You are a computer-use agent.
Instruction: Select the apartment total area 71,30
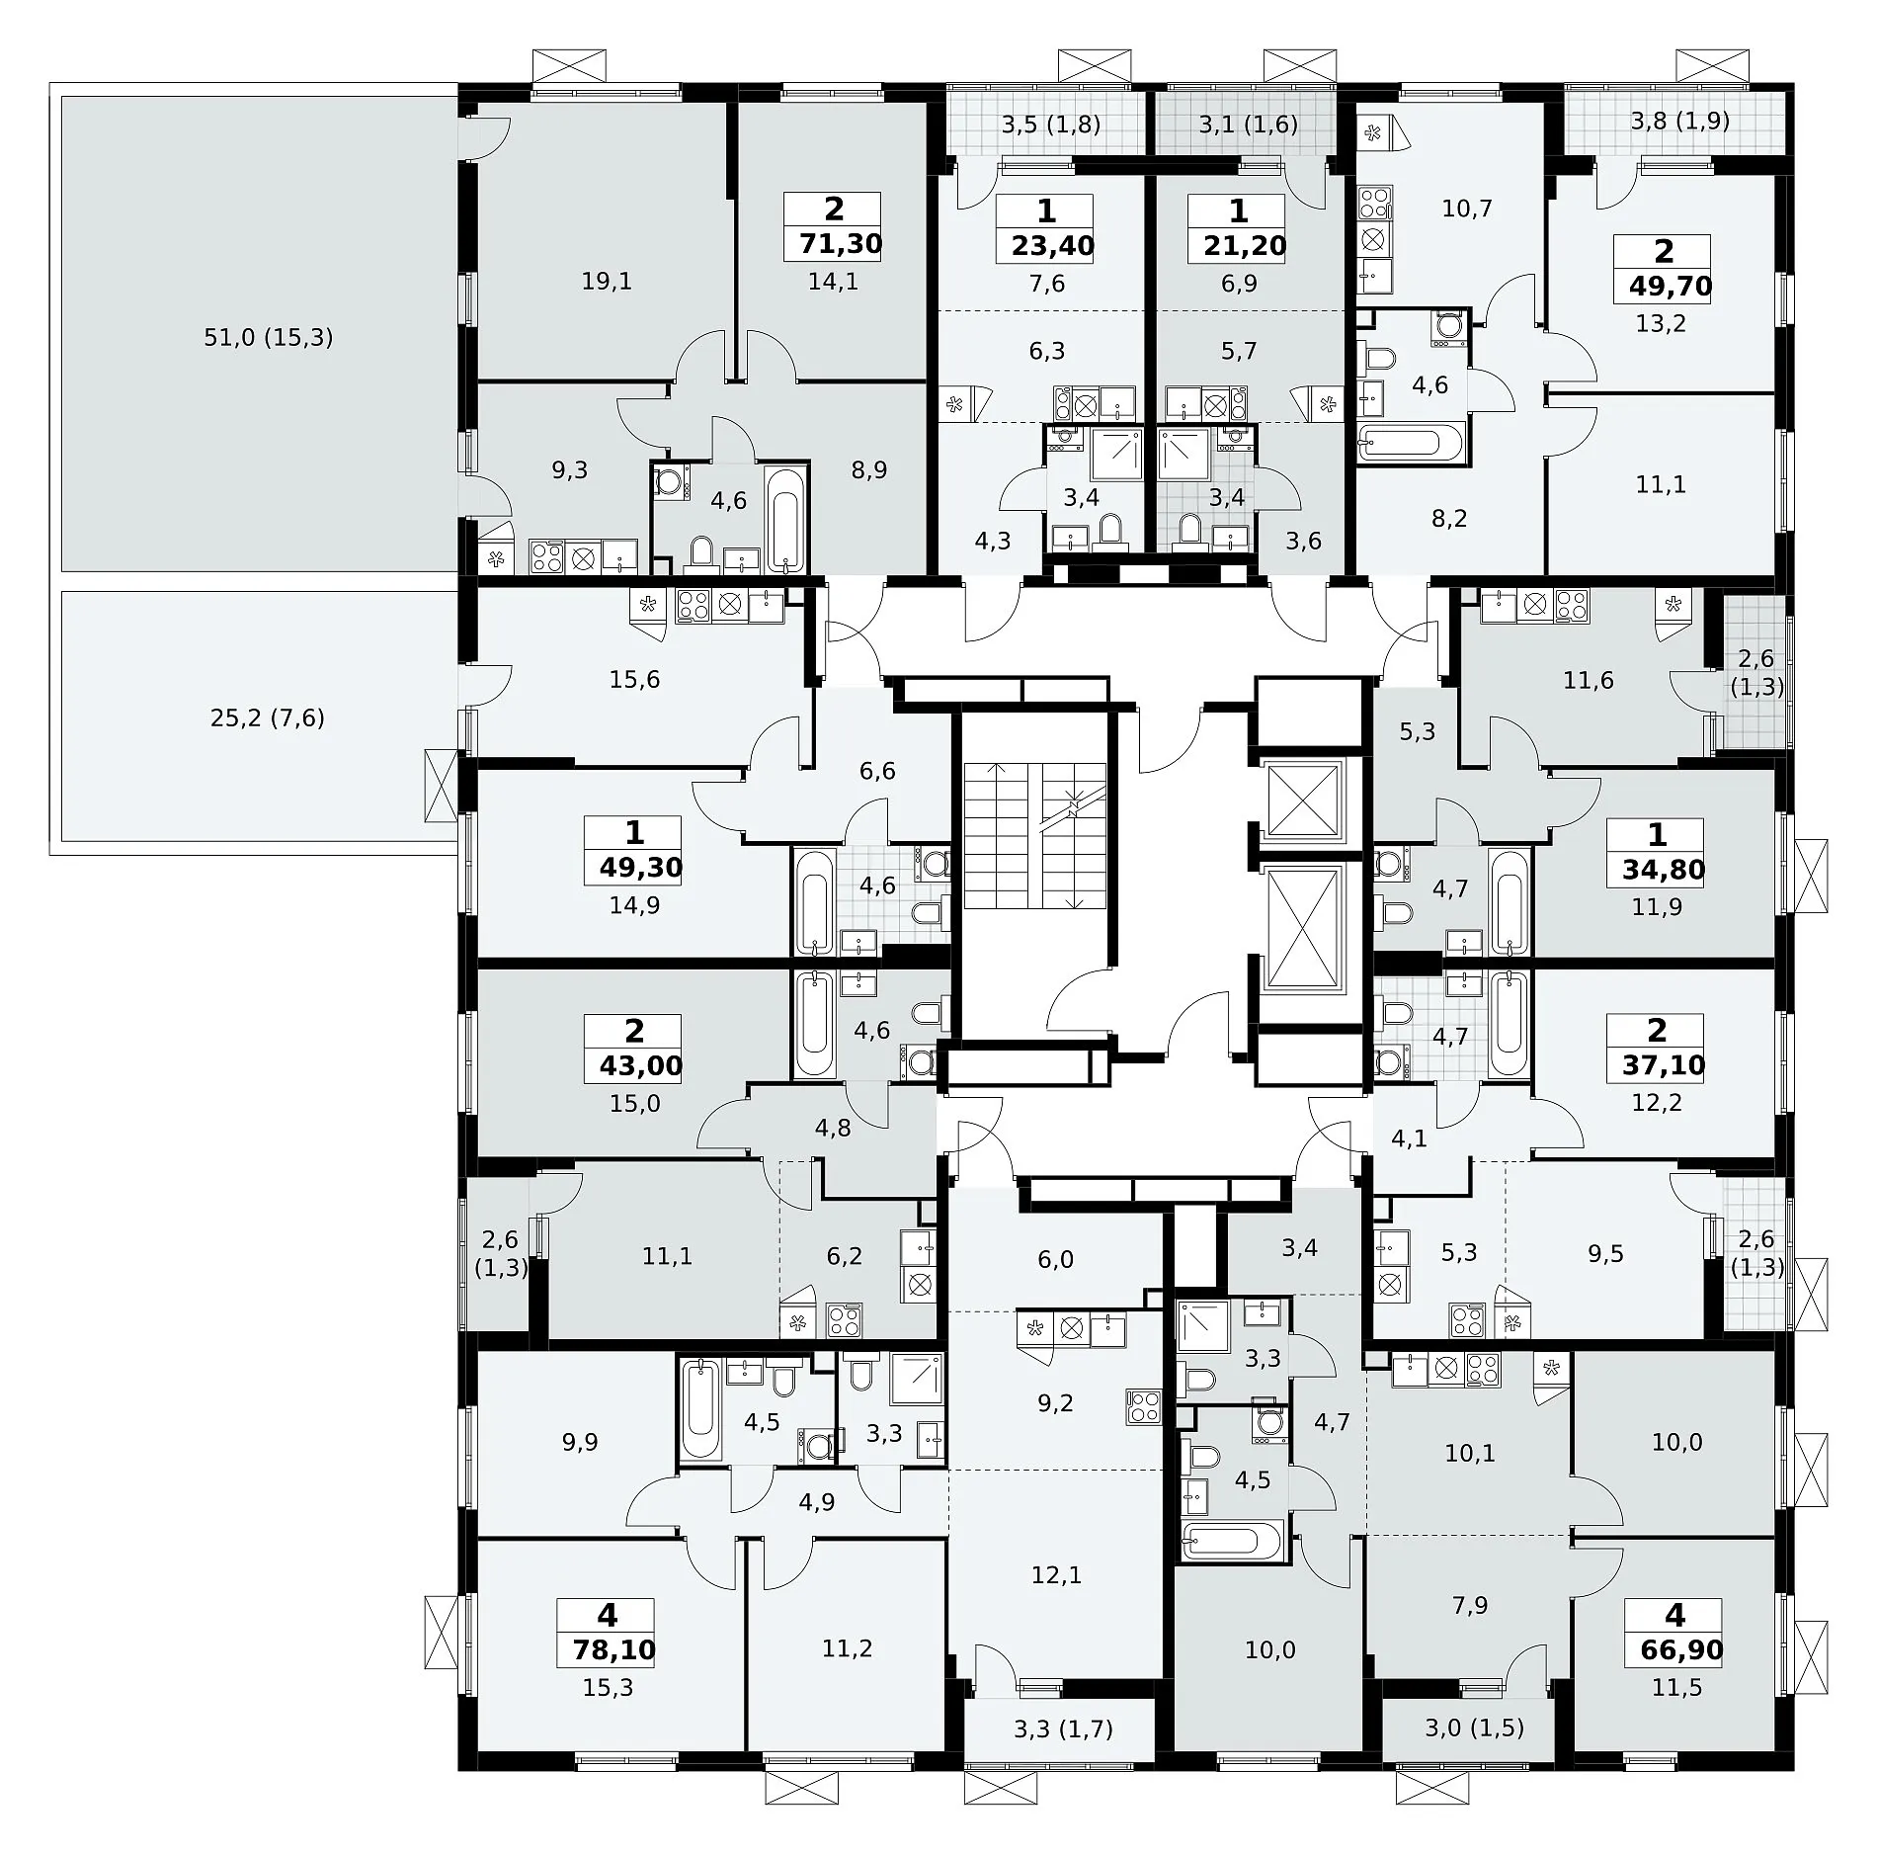833,243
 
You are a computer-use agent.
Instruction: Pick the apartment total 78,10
613,1649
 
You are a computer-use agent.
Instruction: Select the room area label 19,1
607,282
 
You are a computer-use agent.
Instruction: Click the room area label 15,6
634,680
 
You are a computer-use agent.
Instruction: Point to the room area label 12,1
1056,1574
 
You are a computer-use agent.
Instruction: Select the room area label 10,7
1467,209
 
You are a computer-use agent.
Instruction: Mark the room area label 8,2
1449,519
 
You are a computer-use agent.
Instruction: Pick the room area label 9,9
580,1443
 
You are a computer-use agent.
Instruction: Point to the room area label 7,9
1470,1606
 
